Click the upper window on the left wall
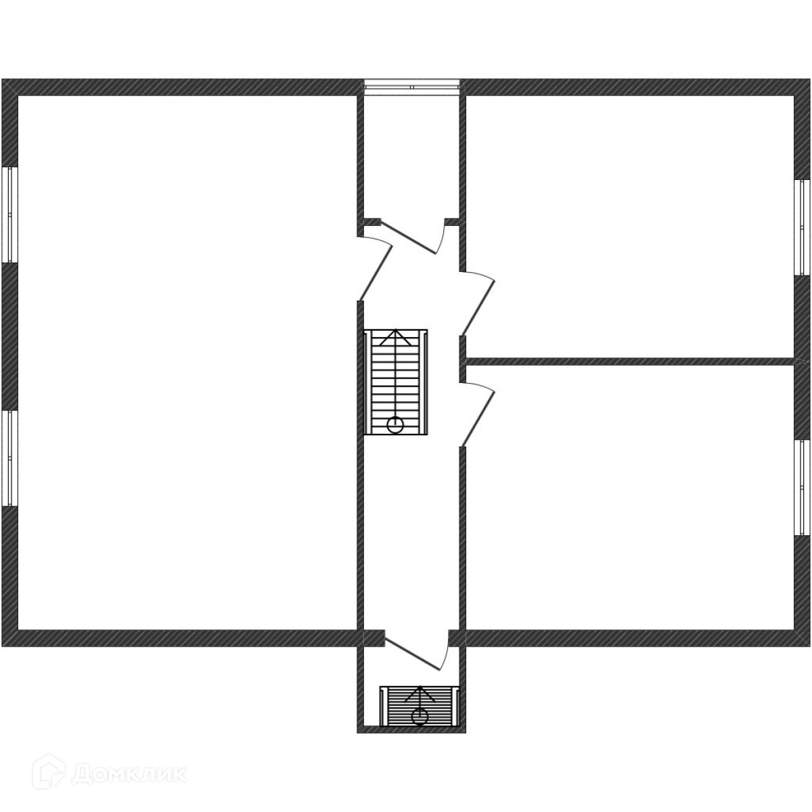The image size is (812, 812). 9,214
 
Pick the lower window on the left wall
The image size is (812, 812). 9,457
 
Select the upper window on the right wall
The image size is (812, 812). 802,227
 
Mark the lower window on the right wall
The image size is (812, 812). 802,487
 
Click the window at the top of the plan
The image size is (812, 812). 411,85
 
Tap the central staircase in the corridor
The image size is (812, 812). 396,382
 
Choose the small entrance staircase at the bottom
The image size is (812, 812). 420,706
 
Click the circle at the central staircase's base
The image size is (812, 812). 395,425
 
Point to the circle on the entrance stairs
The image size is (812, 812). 420,715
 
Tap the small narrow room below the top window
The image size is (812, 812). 411,156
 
